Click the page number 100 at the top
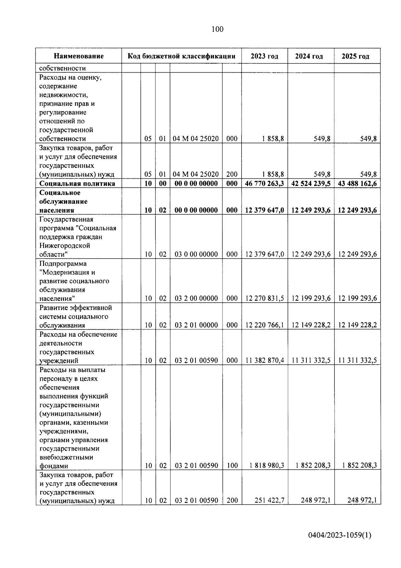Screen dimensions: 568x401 coord(217,29)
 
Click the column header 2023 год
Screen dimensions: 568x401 coord(264,56)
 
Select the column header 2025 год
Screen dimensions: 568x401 coord(355,56)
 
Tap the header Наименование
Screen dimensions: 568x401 coord(79,56)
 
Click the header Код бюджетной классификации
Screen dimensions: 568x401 coord(181,56)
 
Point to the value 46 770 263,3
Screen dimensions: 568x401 coord(264,183)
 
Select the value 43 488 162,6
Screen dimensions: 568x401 coord(357,183)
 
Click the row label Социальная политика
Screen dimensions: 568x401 coord(77,183)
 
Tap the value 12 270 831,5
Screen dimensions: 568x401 coord(264,298)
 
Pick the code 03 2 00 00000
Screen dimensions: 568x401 coord(196,298)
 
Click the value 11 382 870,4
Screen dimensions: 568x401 coord(264,360)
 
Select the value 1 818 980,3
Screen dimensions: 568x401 coord(267,466)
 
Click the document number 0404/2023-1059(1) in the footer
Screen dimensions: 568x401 coord(340,535)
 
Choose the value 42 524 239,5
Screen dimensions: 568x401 coord(311,183)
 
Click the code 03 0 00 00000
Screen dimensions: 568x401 coord(196,254)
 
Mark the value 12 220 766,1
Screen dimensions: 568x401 coord(264,325)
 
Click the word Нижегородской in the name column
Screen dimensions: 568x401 coord(65,246)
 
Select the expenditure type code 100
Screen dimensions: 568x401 coord(232,466)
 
